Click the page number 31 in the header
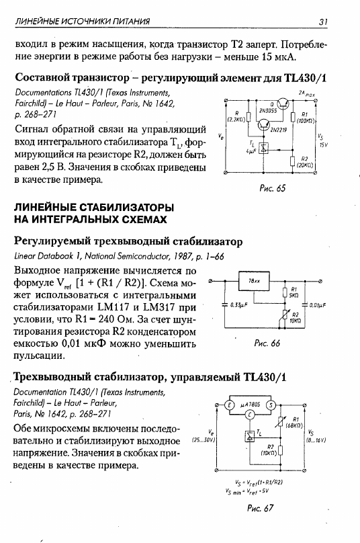coord(322,22)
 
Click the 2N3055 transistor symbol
coord(284,103)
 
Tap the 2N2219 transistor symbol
coord(265,125)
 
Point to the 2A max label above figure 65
coord(307,93)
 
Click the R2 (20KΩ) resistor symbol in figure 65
coord(293,161)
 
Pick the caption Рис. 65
coord(273,188)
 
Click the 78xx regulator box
coord(254,281)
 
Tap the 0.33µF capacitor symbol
coord(225,305)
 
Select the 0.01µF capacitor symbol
coord(305,305)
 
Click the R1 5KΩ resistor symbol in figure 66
coord(285,292)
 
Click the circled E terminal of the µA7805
coord(228,405)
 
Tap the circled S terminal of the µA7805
coord(271,405)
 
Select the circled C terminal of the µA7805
coord(250,415)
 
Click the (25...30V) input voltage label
coord(204,440)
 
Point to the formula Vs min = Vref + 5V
coord(246,491)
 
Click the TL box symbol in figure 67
coord(250,436)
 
